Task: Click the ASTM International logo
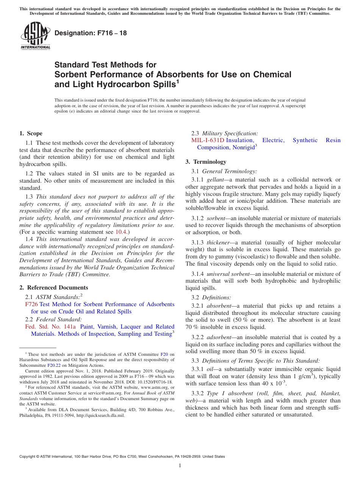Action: coord(35,36)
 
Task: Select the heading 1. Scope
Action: coord(31,133)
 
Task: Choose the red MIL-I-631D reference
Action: coord(208,140)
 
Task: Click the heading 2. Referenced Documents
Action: coord(53,288)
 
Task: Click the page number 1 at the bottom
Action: coord(180,466)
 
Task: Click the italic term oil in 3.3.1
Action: coord(210,369)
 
